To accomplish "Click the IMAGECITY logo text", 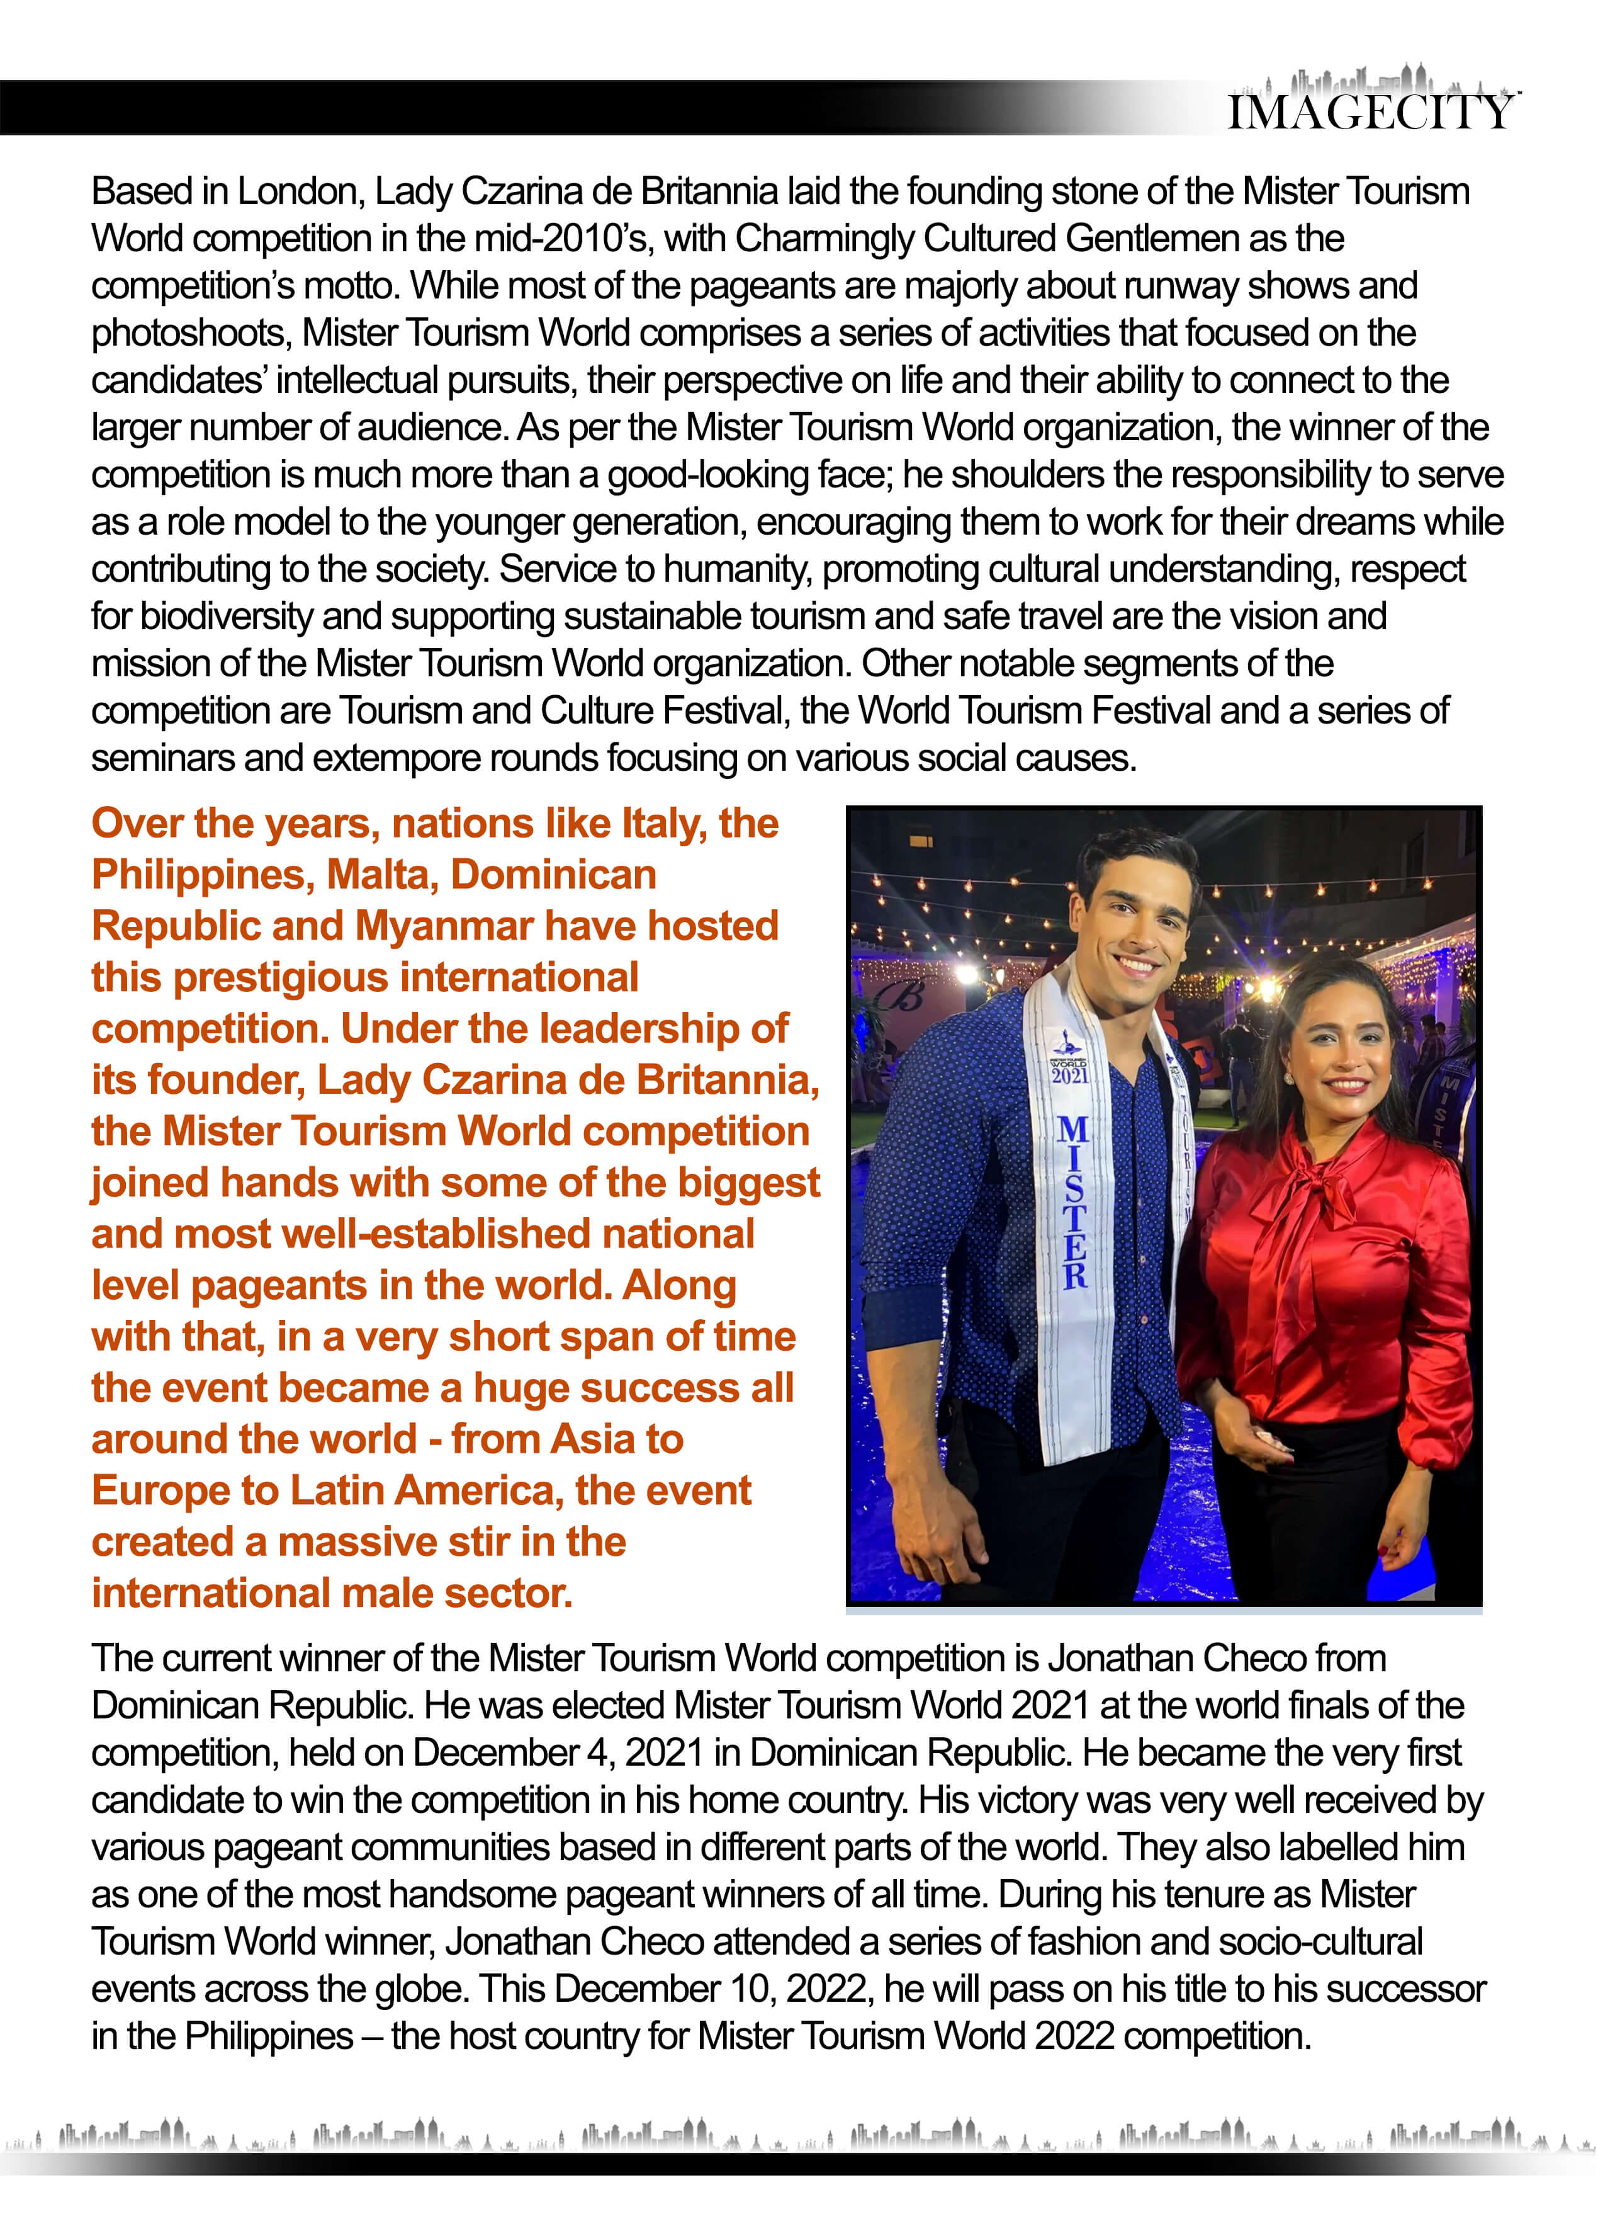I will (1370, 112).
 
